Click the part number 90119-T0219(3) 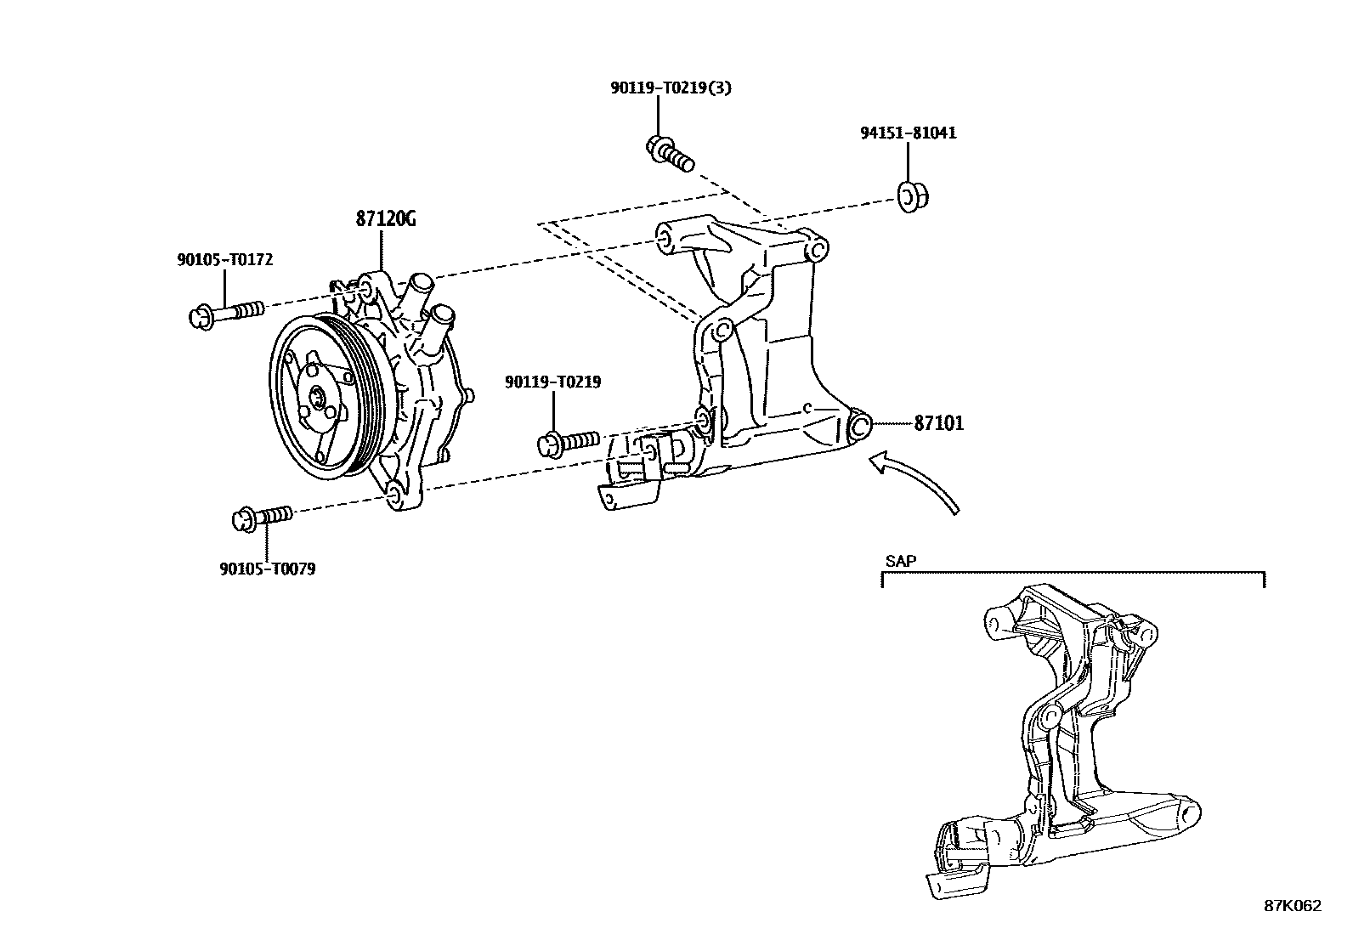(x=670, y=88)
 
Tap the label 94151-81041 (x=907, y=133)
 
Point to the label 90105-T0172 (x=224, y=260)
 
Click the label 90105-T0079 (x=267, y=569)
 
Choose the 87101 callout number (x=938, y=422)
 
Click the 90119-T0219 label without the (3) (x=552, y=382)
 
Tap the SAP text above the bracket (x=900, y=561)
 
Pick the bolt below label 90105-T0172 (x=225, y=314)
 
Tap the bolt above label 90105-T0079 (x=262, y=517)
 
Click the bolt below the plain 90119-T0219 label (x=569, y=441)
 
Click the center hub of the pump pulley (x=319, y=397)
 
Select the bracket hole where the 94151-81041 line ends (x=814, y=251)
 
